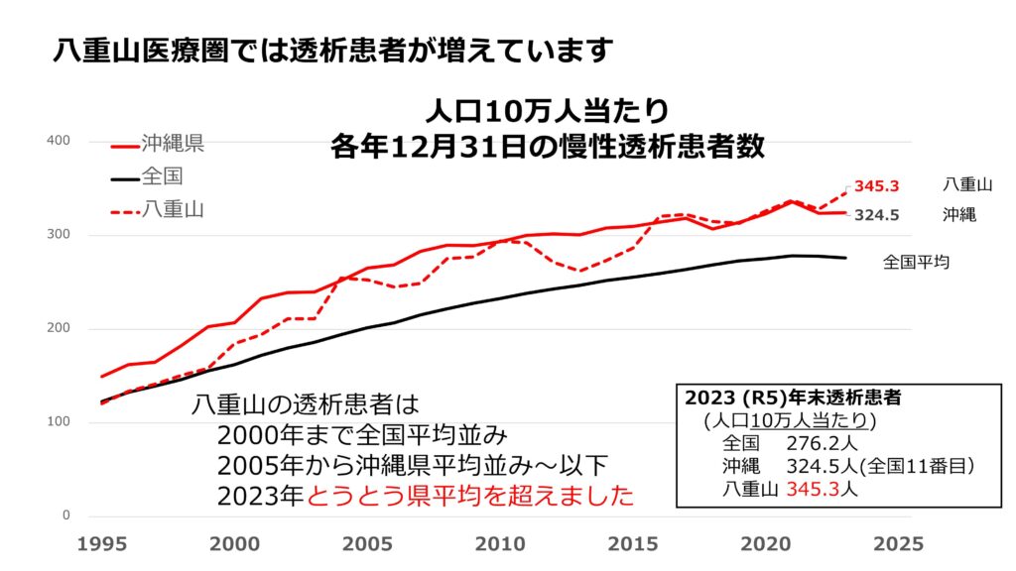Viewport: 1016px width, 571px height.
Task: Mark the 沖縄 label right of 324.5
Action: tap(959, 214)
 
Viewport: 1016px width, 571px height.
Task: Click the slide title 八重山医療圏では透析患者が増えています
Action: tap(333, 49)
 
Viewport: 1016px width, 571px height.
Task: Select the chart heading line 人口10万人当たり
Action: tap(548, 108)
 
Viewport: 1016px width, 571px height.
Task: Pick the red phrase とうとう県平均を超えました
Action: tap(470, 496)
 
